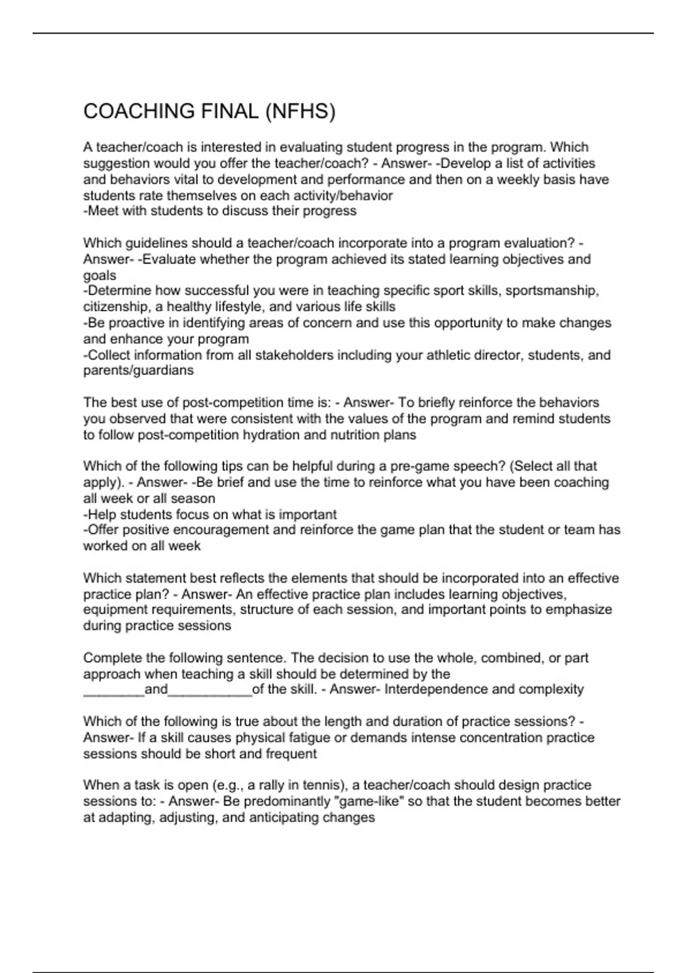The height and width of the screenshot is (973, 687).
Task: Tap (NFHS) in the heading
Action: (x=299, y=111)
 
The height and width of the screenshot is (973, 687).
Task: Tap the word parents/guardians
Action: (x=139, y=370)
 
